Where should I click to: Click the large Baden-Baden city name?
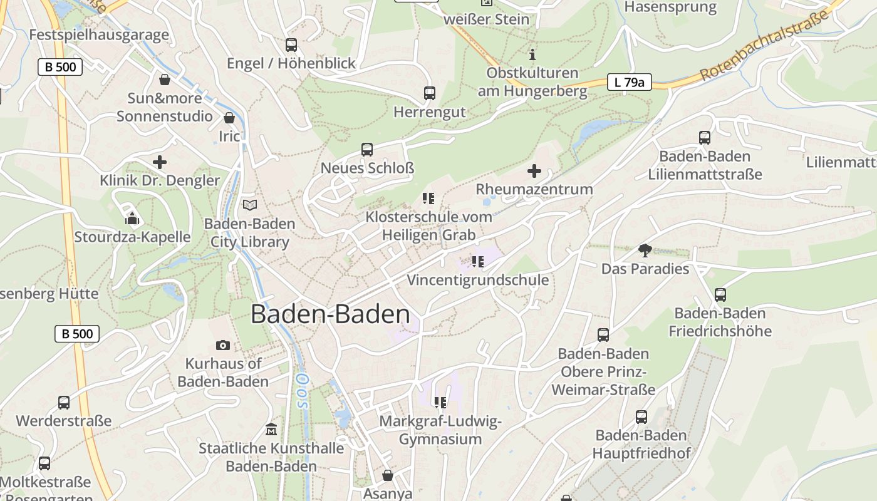330,314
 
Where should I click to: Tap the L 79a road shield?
629,81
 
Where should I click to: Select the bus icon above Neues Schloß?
367,150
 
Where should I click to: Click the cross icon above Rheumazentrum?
534,170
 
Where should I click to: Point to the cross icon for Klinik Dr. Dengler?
160,162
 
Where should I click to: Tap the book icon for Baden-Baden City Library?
250,205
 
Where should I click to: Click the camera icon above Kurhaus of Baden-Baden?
222,345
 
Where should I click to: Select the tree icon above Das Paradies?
645,250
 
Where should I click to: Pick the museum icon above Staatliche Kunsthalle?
271,430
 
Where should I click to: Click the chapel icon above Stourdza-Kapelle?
132,219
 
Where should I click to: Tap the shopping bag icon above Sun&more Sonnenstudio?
165,80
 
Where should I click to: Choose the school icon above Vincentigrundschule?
478,262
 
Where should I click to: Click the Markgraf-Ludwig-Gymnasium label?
440,430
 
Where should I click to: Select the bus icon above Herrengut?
430,93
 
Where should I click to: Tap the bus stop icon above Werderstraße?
64,402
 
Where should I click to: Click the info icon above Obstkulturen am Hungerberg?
532,54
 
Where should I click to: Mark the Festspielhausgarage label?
99,34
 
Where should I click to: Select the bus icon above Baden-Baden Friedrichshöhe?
720,294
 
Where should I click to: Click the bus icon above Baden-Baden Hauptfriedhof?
641,416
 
